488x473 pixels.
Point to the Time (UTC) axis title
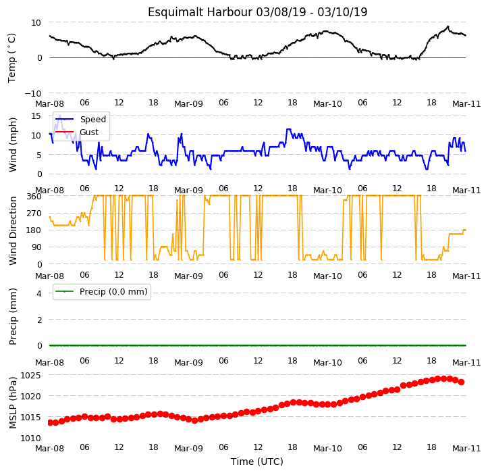tap(257, 462)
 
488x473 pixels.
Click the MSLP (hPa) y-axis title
tap(12, 403)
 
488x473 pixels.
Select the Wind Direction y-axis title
tap(12, 231)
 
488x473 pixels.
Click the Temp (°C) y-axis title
tap(12, 58)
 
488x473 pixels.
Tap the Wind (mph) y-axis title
tap(12, 145)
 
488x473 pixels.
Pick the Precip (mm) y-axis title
tap(12, 317)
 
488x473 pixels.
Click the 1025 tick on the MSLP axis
tap(31, 375)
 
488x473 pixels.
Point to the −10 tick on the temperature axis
tap(33, 93)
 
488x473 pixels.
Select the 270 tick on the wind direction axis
tap(34, 214)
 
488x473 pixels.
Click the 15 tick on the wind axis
tap(36, 116)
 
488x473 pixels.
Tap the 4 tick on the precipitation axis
tap(39, 293)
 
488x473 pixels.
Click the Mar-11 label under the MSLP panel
tap(466, 449)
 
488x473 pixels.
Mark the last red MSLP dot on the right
tap(461, 382)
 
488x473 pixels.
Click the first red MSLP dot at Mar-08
tap(50, 422)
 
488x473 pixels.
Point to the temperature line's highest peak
tap(448, 26)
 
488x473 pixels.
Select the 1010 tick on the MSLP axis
tap(31, 439)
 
